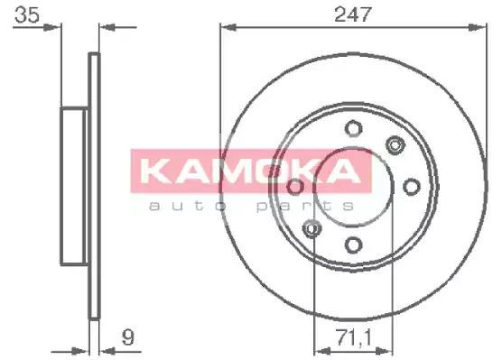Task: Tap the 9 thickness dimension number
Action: [x=127, y=338]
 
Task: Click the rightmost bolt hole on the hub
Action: [x=411, y=186]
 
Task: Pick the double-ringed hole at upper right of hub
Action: [x=394, y=143]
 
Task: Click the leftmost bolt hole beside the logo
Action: [x=295, y=186]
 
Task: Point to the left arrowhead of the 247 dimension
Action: [x=226, y=27]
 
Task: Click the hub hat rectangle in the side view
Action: [x=74, y=186]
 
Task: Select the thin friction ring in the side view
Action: [x=93, y=186]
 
